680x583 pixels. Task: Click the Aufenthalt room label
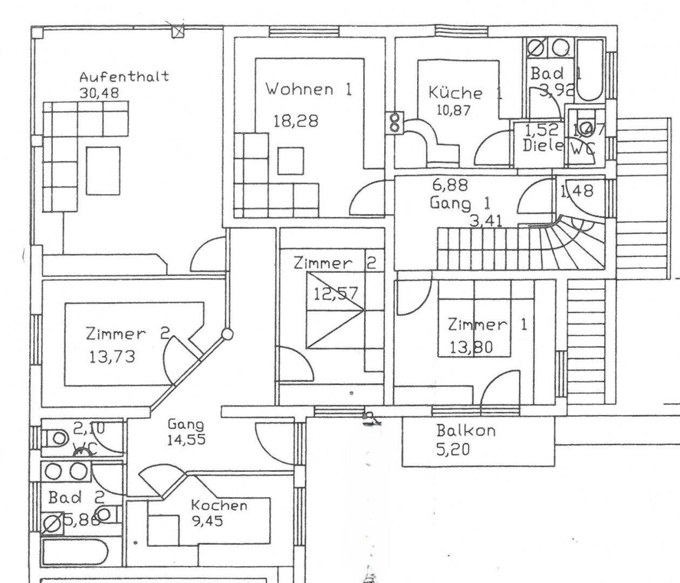point(124,76)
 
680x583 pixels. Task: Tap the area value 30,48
point(99,92)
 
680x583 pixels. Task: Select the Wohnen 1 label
point(308,89)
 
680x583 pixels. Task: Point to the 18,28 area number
point(295,121)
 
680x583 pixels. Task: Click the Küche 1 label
point(465,92)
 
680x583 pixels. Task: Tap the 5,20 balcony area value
point(453,449)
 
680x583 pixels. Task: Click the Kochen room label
point(219,506)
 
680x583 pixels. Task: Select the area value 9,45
point(207,521)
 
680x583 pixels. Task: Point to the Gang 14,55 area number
point(186,440)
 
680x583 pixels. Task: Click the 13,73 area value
point(113,357)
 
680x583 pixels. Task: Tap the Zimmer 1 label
point(487,325)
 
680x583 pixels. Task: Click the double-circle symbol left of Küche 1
point(395,123)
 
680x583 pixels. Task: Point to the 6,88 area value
point(449,185)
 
